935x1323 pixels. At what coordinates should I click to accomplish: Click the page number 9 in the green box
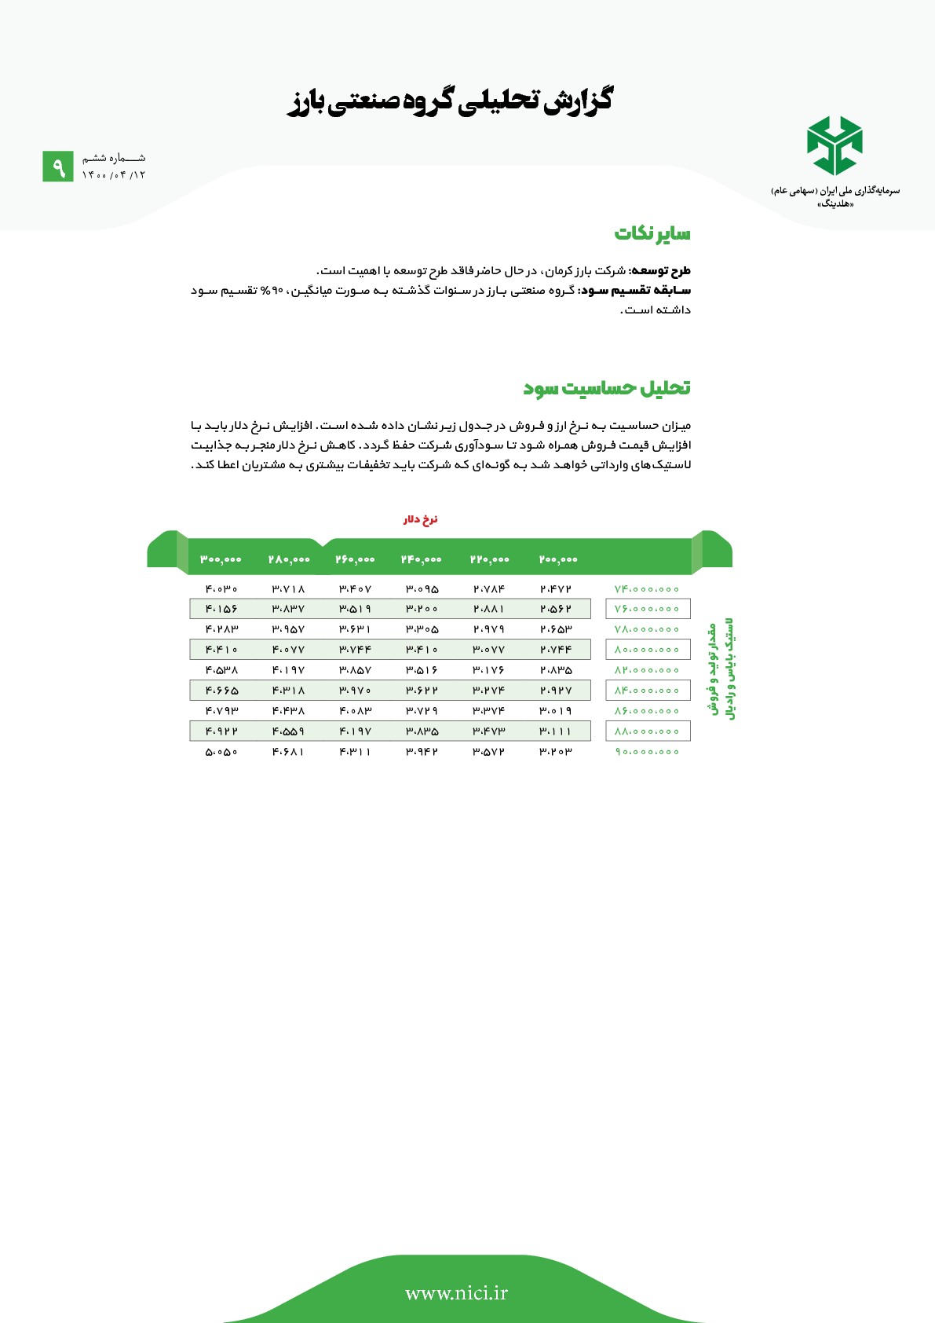[x=57, y=167]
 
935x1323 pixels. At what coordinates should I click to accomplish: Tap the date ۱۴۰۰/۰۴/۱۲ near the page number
[x=114, y=174]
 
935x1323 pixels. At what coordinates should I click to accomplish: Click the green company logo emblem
[x=835, y=145]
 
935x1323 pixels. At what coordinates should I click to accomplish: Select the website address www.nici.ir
[x=456, y=1292]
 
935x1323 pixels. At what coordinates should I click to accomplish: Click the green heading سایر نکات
[x=652, y=233]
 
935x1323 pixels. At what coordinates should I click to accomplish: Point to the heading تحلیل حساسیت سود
[x=607, y=388]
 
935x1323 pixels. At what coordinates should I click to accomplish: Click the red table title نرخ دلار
[x=421, y=520]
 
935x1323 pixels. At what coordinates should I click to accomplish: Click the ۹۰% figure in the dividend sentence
[x=272, y=291]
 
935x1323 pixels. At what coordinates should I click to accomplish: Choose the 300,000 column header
[x=221, y=559]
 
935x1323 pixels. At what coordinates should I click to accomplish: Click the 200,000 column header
[x=558, y=559]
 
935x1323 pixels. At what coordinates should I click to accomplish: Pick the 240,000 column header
[x=422, y=559]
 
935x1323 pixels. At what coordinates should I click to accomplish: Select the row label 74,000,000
[x=647, y=589]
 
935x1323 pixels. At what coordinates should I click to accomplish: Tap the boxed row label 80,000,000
[x=647, y=650]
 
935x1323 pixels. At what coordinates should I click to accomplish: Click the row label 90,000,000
[x=647, y=752]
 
